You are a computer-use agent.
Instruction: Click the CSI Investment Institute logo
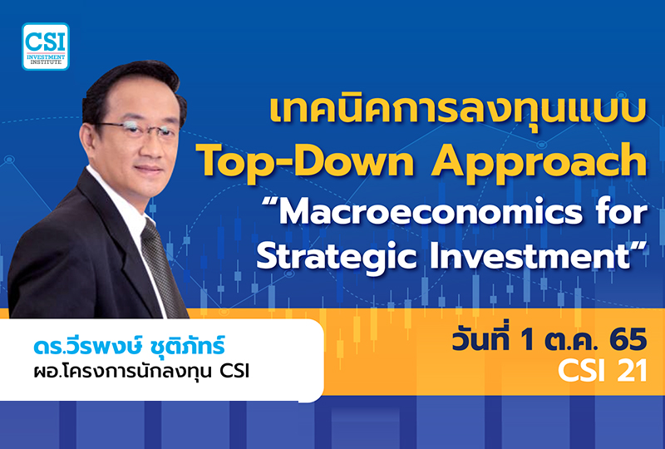click(46, 46)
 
